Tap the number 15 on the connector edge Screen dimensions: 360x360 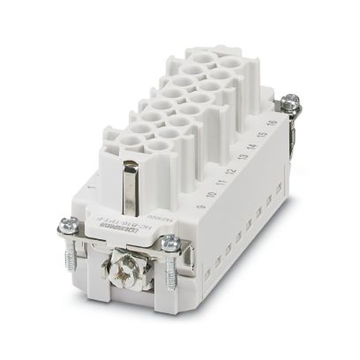(x=263, y=135)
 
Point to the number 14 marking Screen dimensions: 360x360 (x=251, y=146)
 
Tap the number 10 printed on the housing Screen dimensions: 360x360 (x=211, y=194)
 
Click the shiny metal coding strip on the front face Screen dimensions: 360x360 (x=130, y=187)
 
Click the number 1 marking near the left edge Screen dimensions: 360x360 (x=90, y=187)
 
